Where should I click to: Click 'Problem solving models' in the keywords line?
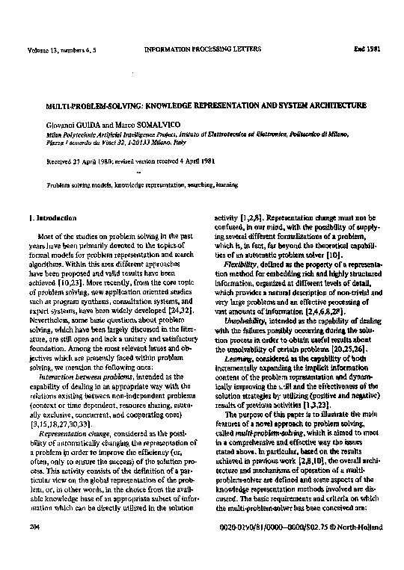(77, 182)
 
